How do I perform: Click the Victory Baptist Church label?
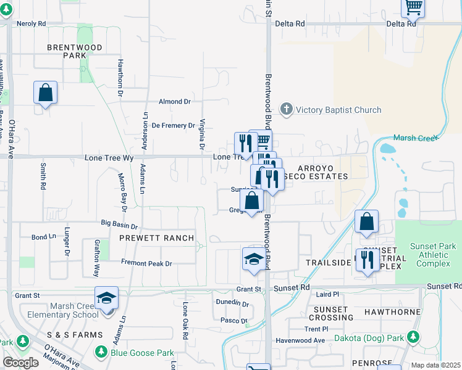click(338, 110)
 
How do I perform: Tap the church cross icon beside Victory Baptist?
click(286, 110)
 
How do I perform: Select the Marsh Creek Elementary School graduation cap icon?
click(106, 298)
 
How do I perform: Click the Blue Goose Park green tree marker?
click(101, 353)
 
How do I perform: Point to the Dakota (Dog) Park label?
click(369, 338)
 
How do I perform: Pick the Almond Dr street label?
click(175, 101)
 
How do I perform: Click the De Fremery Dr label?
click(174, 125)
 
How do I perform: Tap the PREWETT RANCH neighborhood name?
click(157, 238)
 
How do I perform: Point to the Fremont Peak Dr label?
click(146, 263)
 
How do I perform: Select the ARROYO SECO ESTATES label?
click(323, 172)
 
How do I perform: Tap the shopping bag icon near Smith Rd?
click(46, 92)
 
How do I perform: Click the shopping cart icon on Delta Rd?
click(413, 9)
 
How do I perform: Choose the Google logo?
click(20, 363)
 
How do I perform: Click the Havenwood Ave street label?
click(301, 340)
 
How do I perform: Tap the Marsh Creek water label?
click(414, 138)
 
